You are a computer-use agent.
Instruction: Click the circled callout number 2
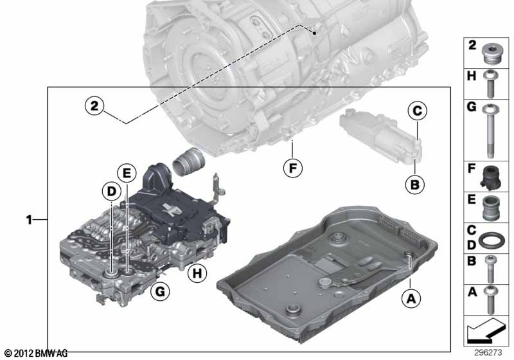coord(94,105)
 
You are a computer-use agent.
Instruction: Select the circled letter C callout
coord(416,112)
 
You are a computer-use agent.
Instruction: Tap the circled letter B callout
coord(415,185)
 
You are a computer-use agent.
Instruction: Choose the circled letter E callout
coord(127,172)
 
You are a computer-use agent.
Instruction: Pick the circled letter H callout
coord(197,274)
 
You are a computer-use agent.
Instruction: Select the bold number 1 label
coord(29,220)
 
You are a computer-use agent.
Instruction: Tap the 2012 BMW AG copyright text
coord(35,354)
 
